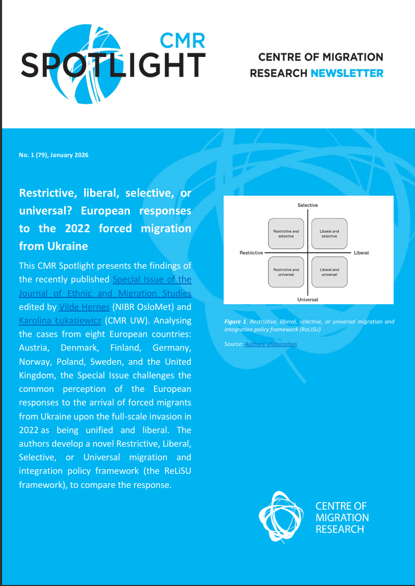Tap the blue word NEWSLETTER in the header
[347, 73]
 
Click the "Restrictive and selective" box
[286, 233]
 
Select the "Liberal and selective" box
[329, 233]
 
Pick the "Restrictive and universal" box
[286, 272]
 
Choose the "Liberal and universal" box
[329, 272]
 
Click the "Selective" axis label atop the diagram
[308, 205]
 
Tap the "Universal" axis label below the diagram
[308, 300]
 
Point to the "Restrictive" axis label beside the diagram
[251, 253]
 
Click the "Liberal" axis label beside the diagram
[361, 253]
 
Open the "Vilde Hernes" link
[80, 307]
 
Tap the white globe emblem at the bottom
[281, 516]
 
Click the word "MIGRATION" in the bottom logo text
[342, 518]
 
